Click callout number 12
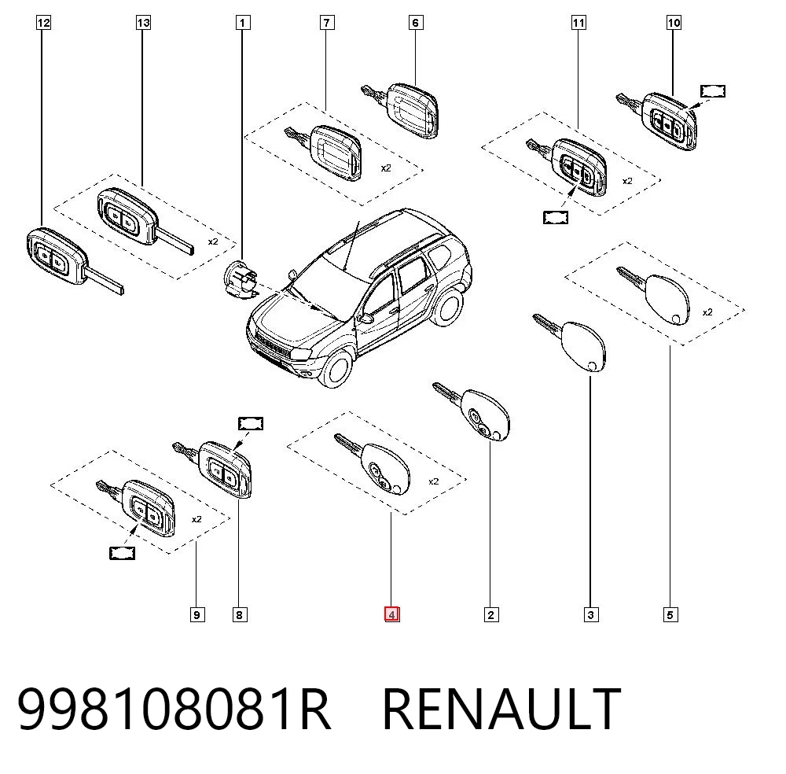tap(43, 23)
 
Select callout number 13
tap(143, 23)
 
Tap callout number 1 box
tap(243, 23)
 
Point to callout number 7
tap(327, 23)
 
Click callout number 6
tap(416, 23)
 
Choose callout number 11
tap(578, 23)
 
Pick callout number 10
tap(674, 23)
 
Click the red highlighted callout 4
tap(392, 614)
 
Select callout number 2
tap(490, 614)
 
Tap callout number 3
tap(591, 614)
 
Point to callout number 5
tap(670, 614)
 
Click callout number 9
tap(197, 614)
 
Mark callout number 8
tap(240, 614)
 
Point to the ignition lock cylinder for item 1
tap(240, 279)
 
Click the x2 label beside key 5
tap(707, 312)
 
